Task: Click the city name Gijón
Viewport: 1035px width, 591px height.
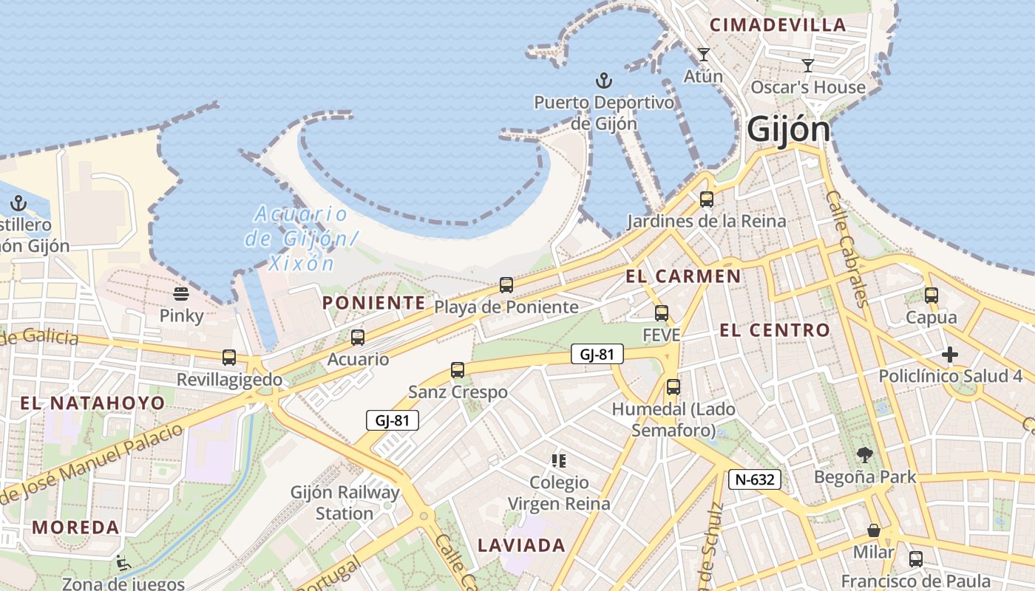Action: tap(788, 129)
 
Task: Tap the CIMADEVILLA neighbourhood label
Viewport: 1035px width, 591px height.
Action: tap(778, 24)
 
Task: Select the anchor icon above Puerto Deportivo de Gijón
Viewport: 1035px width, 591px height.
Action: tap(604, 79)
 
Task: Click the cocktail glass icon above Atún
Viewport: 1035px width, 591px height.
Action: tap(703, 54)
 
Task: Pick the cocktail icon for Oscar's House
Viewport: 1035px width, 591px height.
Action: tap(808, 65)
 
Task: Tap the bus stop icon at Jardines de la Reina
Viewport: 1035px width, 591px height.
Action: tap(706, 199)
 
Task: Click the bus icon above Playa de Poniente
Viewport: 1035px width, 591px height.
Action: tap(506, 284)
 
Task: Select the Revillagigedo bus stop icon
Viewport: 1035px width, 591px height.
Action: tap(229, 358)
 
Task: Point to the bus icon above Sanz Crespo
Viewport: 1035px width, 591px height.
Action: tap(458, 370)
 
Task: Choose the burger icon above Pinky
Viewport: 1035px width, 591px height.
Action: tap(181, 294)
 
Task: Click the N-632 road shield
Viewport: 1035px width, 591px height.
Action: tap(754, 479)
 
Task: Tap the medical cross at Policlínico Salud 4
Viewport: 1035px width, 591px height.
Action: tap(950, 355)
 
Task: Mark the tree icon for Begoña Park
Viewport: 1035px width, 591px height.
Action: tap(864, 455)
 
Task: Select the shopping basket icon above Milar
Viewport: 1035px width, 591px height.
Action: tap(874, 530)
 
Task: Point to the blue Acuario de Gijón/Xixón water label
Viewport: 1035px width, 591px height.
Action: tap(300, 239)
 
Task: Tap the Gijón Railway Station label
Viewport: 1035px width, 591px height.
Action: tap(345, 502)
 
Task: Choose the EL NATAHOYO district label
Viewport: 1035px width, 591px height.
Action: tap(92, 403)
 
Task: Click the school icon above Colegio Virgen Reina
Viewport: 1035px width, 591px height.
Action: tap(558, 461)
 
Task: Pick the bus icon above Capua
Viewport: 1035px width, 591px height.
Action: tap(931, 295)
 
